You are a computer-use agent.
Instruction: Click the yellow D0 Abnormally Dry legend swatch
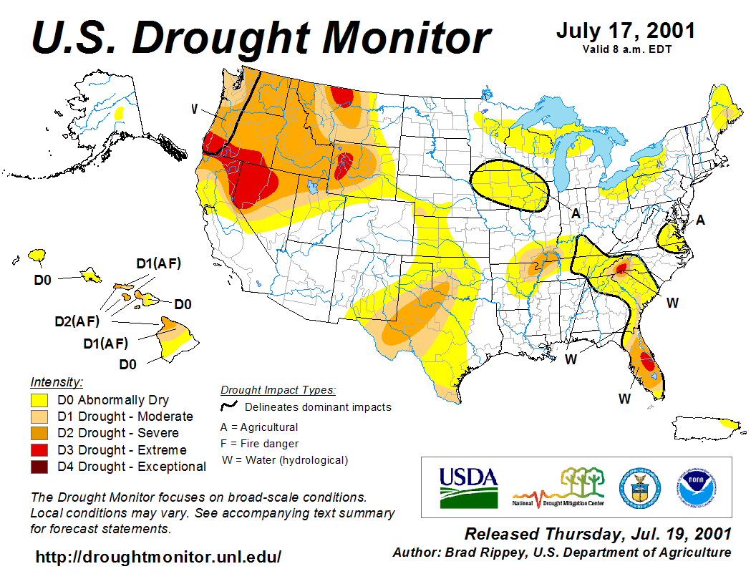click(39, 400)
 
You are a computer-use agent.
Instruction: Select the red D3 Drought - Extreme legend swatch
click(39, 450)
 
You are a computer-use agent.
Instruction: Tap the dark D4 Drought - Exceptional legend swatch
click(39, 467)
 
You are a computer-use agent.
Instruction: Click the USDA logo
click(468, 487)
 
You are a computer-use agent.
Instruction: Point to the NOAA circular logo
click(692, 487)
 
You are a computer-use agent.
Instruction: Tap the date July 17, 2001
click(625, 31)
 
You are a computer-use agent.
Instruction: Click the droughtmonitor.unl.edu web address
click(158, 557)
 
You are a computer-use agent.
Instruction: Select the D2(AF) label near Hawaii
click(77, 321)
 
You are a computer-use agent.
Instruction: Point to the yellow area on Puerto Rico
click(730, 424)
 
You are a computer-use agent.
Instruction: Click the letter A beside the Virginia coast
click(700, 220)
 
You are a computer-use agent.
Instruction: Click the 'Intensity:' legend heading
click(57, 382)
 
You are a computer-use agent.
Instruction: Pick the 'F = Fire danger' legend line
click(258, 444)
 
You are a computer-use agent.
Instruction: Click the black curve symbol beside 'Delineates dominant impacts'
click(229, 407)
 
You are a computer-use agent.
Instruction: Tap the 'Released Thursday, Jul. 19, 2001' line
click(598, 534)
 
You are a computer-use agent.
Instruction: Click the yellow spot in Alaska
click(119, 113)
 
